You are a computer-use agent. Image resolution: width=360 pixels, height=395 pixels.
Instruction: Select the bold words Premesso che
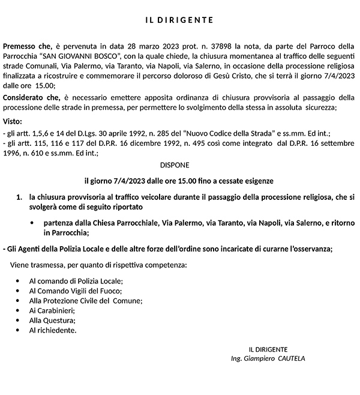26,46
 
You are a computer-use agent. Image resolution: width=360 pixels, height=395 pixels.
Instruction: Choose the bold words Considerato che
31,97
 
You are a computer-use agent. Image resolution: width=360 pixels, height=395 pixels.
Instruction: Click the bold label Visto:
13,121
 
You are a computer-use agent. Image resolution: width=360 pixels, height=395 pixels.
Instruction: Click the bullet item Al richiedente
53,330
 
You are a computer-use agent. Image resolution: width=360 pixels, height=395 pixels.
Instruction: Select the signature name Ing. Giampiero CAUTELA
268,358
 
